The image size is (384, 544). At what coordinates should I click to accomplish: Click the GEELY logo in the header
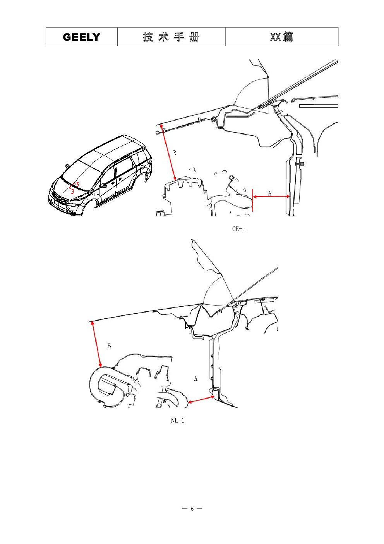click(x=81, y=37)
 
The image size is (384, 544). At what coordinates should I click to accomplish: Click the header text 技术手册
click(x=171, y=37)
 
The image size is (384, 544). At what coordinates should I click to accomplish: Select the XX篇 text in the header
click(x=281, y=37)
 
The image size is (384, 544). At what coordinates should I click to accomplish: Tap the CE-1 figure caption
click(x=239, y=229)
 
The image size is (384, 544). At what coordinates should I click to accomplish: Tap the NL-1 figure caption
click(x=177, y=421)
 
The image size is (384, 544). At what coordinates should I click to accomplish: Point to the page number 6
click(x=192, y=509)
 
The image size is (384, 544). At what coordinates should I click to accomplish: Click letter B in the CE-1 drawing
click(x=175, y=153)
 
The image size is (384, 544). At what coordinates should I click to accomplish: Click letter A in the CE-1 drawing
click(x=269, y=193)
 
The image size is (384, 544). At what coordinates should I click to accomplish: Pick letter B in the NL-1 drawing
click(x=109, y=346)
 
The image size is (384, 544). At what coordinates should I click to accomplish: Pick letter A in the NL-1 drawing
click(x=195, y=378)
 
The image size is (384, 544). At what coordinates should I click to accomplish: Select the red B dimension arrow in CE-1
click(x=168, y=152)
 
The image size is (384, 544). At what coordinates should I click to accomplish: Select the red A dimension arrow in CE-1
click(x=271, y=197)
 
